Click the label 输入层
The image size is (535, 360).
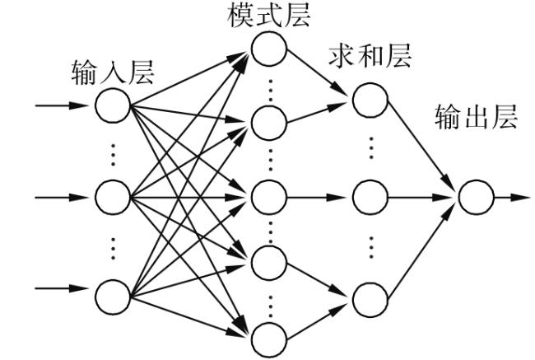pyautogui.click(x=113, y=72)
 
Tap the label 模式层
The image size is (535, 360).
pyautogui.click(x=269, y=16)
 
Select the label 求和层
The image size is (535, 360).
pyautogui.click(x=370, y=56)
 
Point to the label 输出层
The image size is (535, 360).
pyautogui.click(x=476, y=117)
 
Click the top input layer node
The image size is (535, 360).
pyautogui.click(x=113, y=105)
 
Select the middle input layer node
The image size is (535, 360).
pyautogui.click(x=113, y=198)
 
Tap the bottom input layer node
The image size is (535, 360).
pyautogui.click(x=113, y=297)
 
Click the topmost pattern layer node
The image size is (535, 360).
pyautogui.click(x=269, y=49)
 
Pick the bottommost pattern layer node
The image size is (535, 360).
pyautogui.click(x=269, y=340)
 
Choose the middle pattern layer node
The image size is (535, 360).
pyautogui.click(x=269, y=198)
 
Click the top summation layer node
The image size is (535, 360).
pyautogui.click(x=370, y=100)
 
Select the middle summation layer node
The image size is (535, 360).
pyautogui.click(x=370, y=198)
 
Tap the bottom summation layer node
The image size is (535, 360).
pyautogui.click(x=370, y=300)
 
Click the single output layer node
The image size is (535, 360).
pyautogui.click(x=476, y=198)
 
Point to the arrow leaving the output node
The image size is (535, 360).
pyautogui.click(x=513, y=198)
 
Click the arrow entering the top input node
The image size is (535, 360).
pyautogui.click(x=62, y=105)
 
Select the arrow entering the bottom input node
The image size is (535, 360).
pyautogui.click(x=62, y=288)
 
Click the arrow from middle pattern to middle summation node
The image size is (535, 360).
pyautogui.click(x=316, y=198)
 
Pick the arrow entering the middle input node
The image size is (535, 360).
pyautogui.click(x=62, y=198)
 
